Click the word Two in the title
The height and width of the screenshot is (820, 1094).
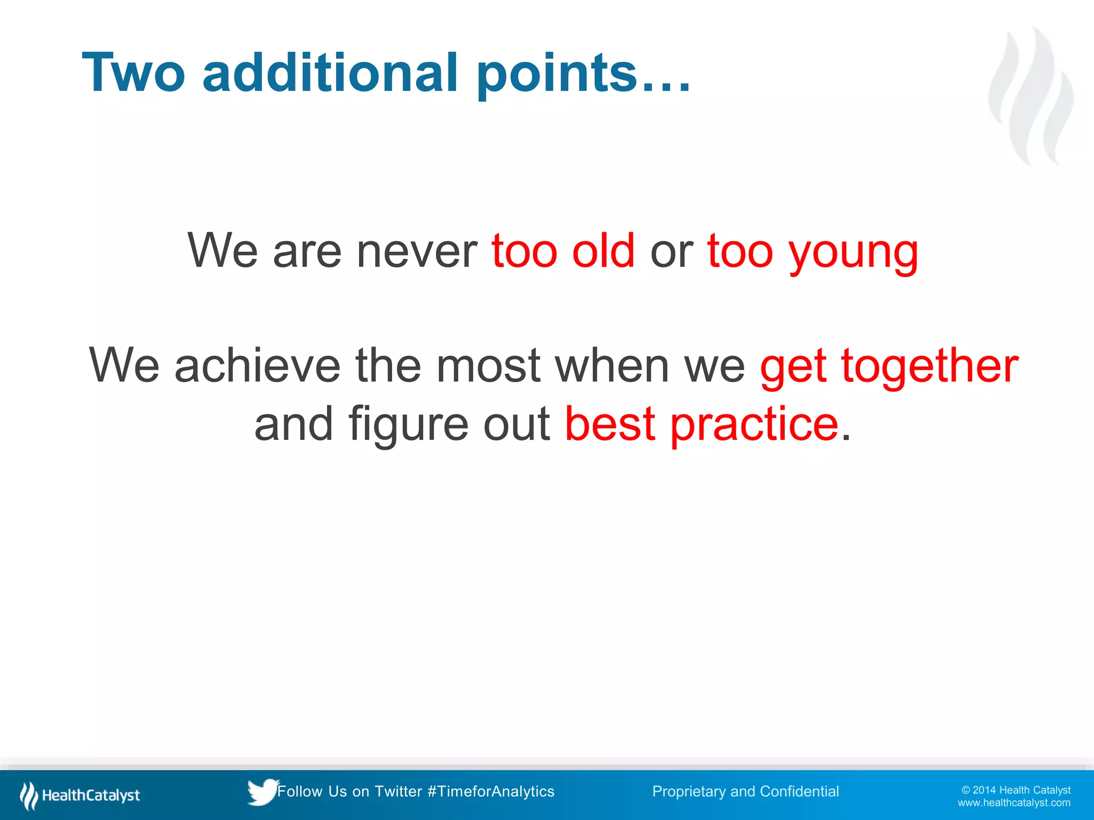pos(134,73)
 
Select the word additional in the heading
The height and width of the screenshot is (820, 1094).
pos(330,73)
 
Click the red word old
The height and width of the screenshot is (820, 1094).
pos(603,251)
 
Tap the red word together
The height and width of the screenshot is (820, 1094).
pos(929,367)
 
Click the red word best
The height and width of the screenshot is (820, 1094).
pos(609,424)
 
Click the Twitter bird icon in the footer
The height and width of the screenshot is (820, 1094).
pos(262,792)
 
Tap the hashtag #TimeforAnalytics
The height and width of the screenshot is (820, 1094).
pos(491,791)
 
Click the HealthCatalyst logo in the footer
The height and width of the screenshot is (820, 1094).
pos(80,795)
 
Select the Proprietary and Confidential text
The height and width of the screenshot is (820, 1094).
pos(745,791)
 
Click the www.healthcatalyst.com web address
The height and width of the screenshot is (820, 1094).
pos(1013,803)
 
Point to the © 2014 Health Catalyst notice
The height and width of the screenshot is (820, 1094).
pos(1015,790)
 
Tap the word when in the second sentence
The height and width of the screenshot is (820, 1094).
pos(612,366)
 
